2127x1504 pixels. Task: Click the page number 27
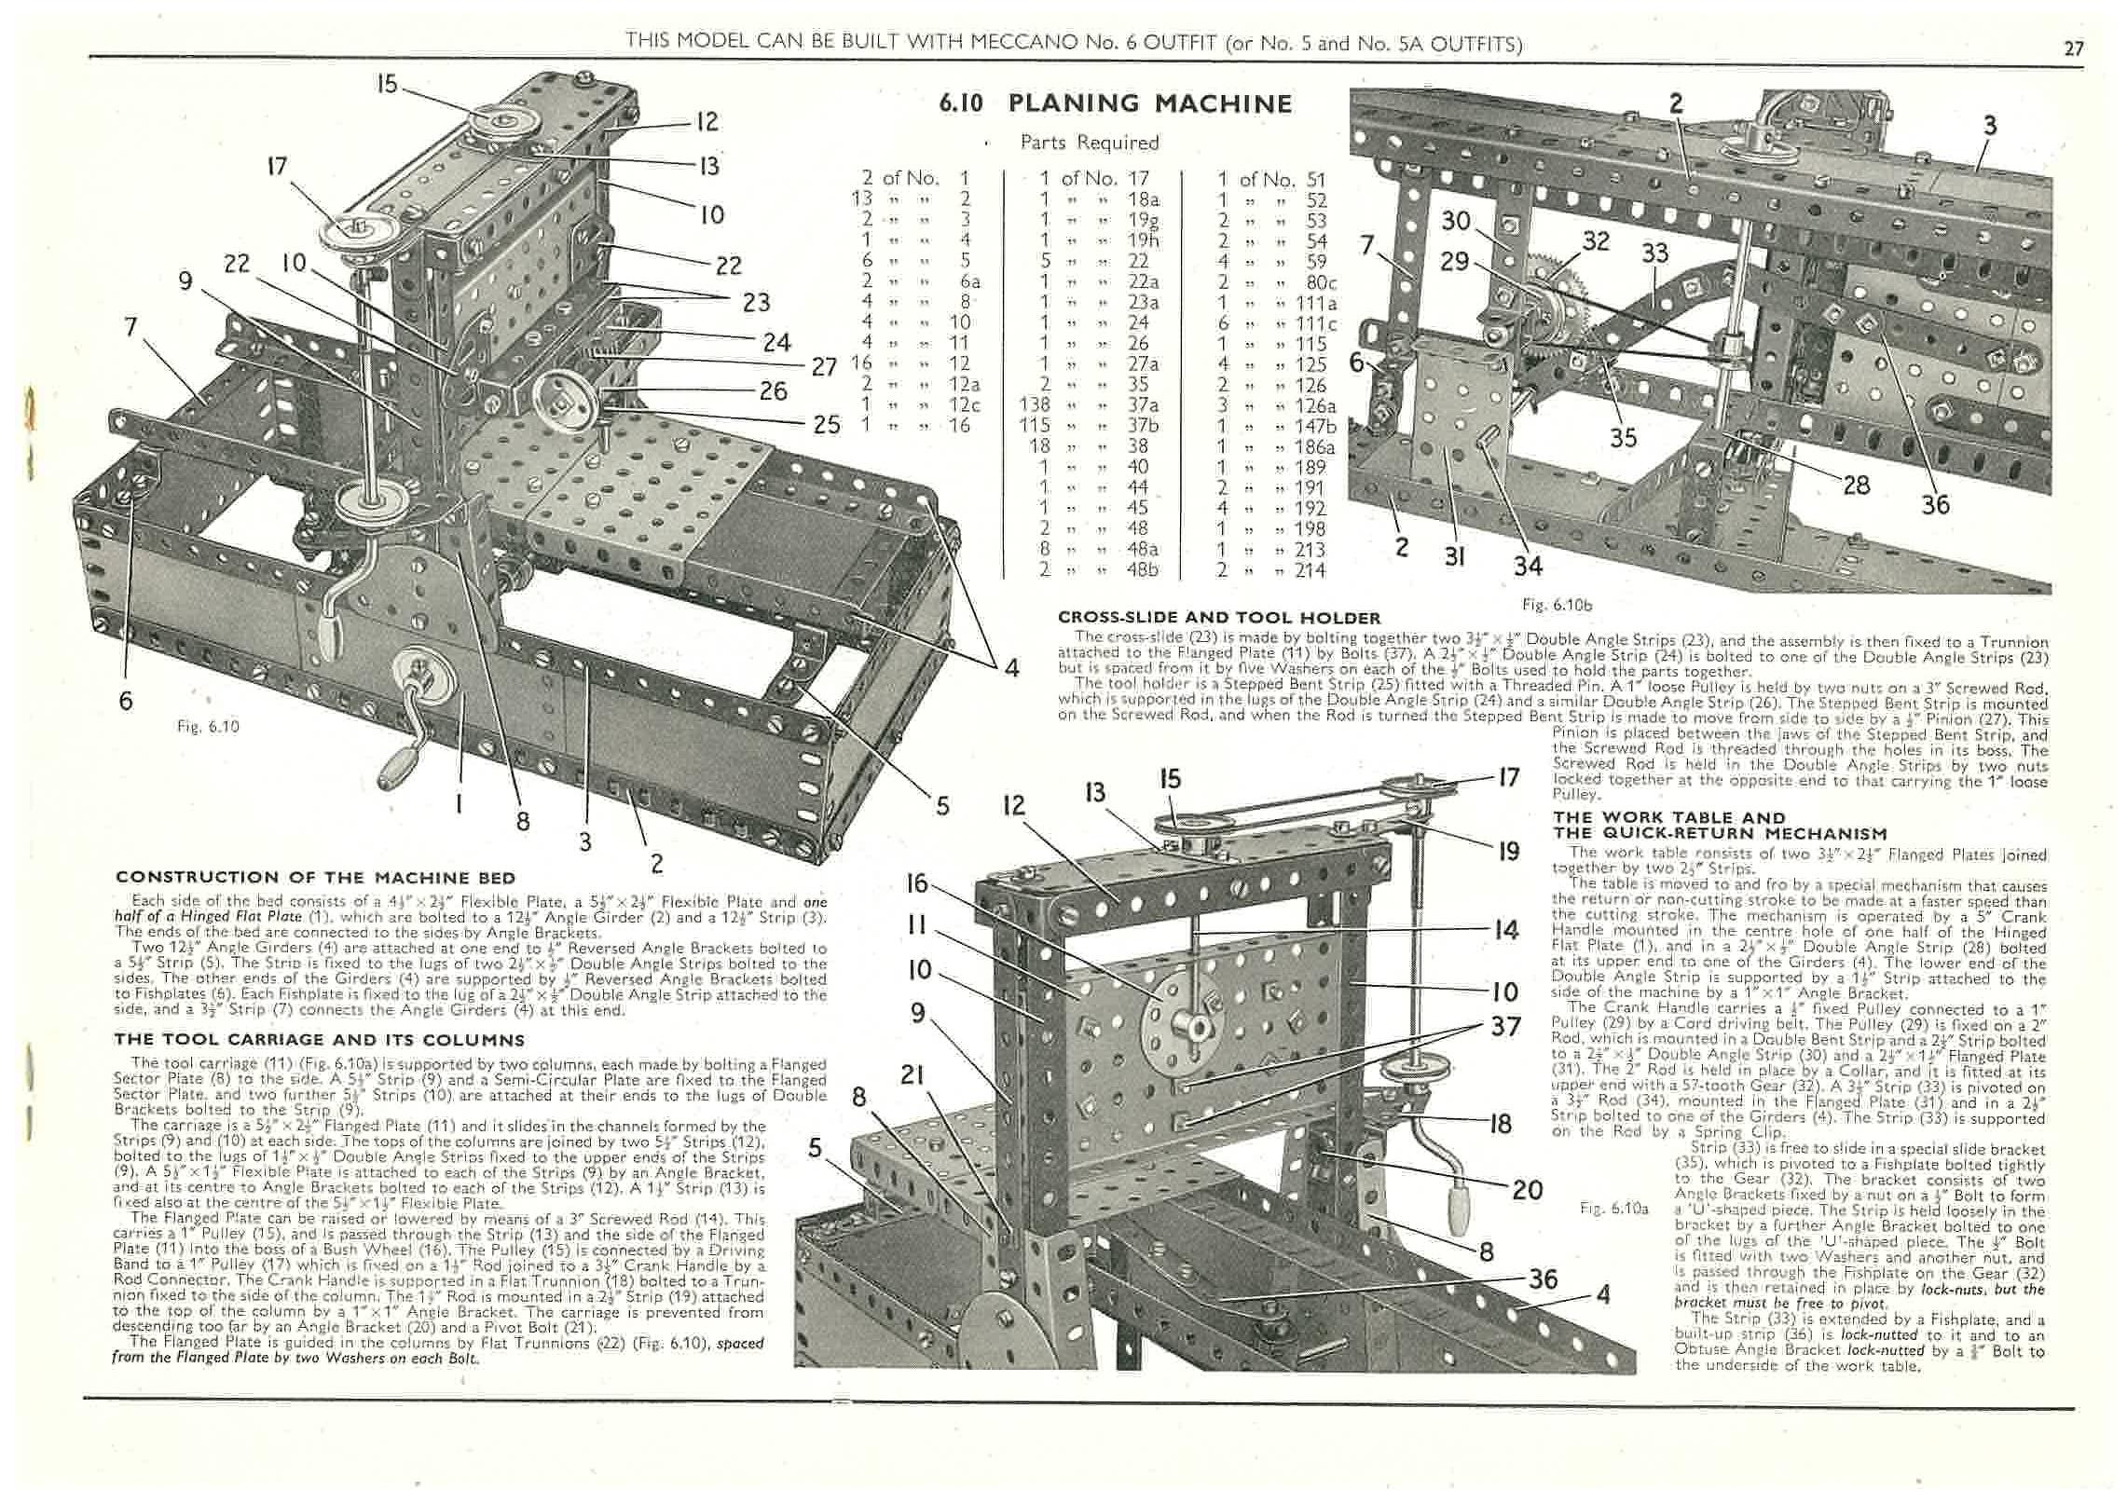click(x=2073, y=48)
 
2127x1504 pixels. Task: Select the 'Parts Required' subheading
click(x=1089, y=143)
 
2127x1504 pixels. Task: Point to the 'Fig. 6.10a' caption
click(x=1614, y=1209)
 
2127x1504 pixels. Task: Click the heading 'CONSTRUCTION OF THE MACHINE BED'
click(x=314, y=877)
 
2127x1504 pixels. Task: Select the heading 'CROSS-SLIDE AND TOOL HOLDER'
click(x=1219, y=618)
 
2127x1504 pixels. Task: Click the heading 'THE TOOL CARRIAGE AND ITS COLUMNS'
click(x=318, y=1040)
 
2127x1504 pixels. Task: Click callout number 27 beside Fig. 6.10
click(x=823, y=366)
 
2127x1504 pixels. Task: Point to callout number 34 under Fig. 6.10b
click(x=1528, y=566)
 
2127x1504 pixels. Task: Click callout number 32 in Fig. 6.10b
click(x=1595, y=240)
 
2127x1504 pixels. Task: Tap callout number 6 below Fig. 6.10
click(x=125, y=700)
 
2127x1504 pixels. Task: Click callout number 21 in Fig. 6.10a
click(x=912, y=1075)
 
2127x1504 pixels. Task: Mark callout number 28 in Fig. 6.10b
click(x=1856, y=484)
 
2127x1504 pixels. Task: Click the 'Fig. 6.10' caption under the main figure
click(x=208, y=726)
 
